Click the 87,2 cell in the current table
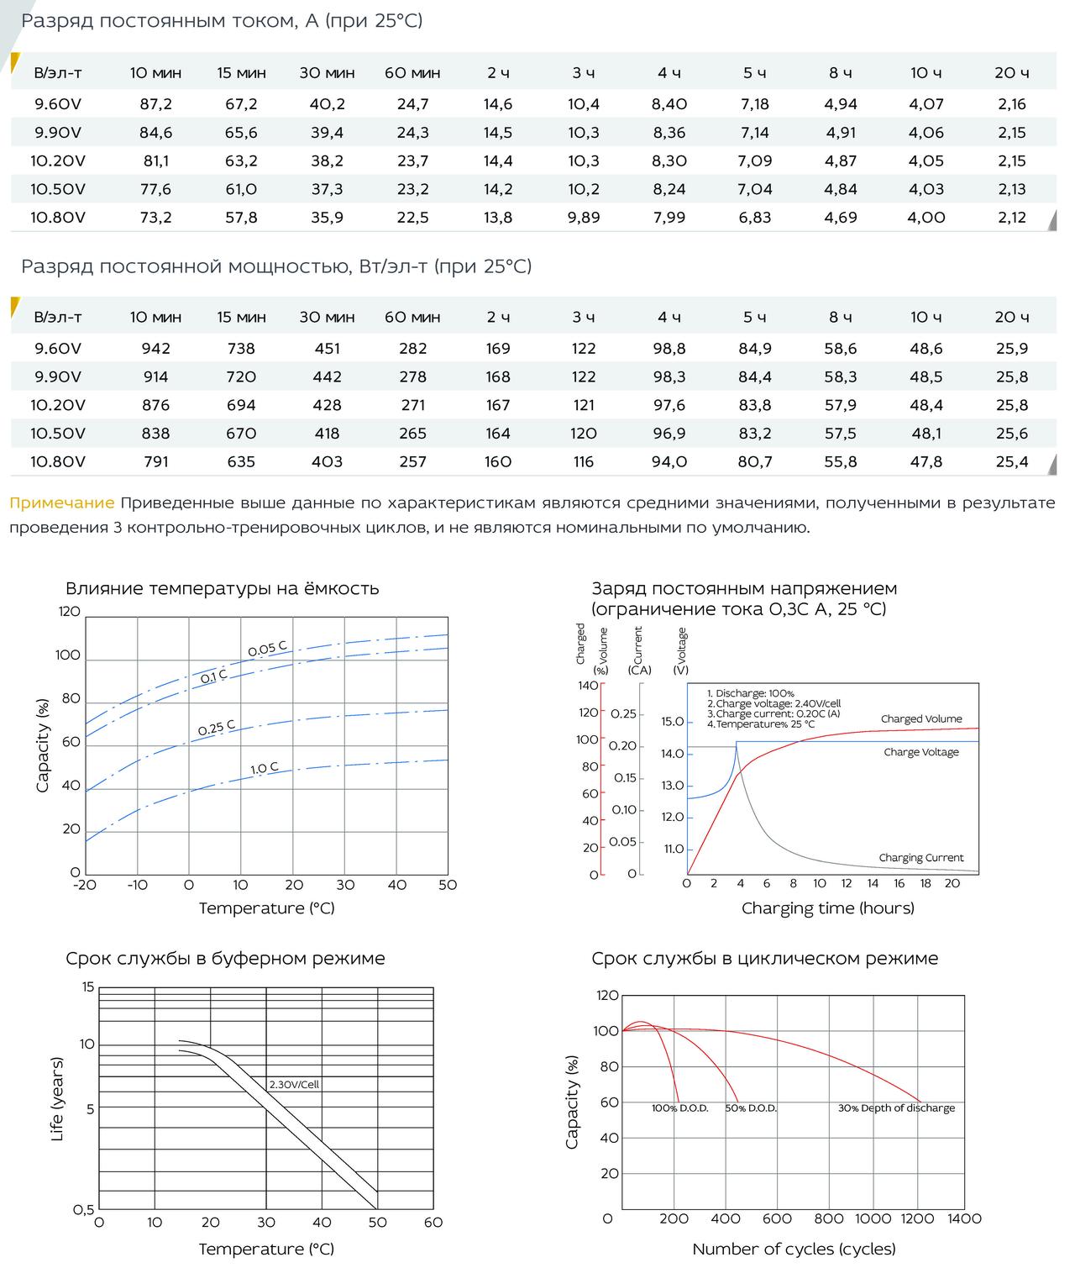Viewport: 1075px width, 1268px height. coord(155,103)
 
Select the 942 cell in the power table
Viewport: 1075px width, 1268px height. coord(155,349)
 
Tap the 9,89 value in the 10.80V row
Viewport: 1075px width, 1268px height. coord(583,217)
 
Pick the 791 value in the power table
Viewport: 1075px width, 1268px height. coord(155,461)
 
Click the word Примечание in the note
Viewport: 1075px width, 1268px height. coord(62,503)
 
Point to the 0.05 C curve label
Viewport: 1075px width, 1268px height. coord(267,649)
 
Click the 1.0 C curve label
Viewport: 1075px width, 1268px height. coord(265,768)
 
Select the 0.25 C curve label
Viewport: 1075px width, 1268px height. coord(217,728)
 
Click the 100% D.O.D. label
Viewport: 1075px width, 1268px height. coord(679,1108)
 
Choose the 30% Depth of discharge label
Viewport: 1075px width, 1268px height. coord(897,1108)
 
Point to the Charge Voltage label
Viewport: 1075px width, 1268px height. coord(921,752)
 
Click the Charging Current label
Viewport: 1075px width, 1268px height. coord(921,858)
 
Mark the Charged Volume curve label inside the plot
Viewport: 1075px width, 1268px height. coord(921,718)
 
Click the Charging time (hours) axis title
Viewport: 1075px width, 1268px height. coord(828,908)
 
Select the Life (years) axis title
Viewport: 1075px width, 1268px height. coord(56,1099)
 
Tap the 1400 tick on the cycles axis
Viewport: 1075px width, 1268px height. coord(965,1219)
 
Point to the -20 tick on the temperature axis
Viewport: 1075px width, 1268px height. coord(85,885)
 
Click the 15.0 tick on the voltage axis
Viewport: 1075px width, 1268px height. coord(672,722)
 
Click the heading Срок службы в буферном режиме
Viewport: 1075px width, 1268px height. coord(225,958)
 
